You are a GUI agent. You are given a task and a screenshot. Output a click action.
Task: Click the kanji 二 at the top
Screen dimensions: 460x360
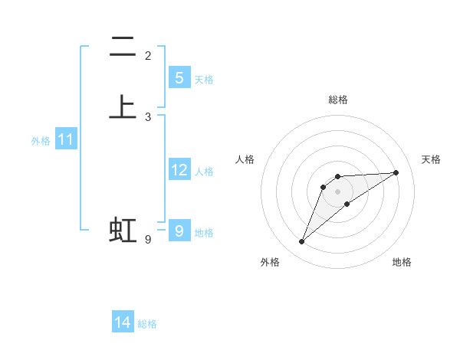pyautogui.click(x=123, y=47)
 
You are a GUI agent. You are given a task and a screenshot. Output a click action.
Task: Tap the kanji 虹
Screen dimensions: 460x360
pyautogui.click(x=123, y=230)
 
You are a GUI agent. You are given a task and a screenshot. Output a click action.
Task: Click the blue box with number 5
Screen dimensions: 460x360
pyautogui.click(x=179, y=77)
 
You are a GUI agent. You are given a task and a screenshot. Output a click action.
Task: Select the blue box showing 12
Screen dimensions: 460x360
pyautogui.click(x=179, y=170)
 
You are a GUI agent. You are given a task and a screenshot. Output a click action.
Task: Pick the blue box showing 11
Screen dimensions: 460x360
pyautogui.click(x=65, y=139)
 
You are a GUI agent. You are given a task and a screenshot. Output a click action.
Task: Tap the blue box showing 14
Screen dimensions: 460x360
pyautogui.click(x=123, y=322)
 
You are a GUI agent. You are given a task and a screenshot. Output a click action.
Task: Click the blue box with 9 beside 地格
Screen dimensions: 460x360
pyautogui.click(x=179, y=231)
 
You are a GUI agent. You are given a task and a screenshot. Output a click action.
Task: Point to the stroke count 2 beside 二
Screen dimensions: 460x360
pyautogui.click(x=148, y=56)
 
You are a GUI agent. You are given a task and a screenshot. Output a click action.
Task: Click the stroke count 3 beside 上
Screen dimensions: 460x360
pyautogui.click(x=148, y=117)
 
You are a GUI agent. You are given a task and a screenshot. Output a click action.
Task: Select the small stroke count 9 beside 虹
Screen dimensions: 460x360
pyautogui.click(x=148, y=240)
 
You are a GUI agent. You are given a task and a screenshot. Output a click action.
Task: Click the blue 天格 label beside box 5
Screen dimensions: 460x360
pyautogui.click(x=204, y=80)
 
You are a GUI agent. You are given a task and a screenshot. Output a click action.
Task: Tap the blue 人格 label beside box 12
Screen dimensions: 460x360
pyautogui.click(x=204, y=172)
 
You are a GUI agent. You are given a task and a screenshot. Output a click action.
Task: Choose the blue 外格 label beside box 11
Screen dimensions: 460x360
pyautogui.click(x=41, y=141)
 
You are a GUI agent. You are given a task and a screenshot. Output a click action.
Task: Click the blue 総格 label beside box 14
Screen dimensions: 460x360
pyautogui.click(x=147, y=324)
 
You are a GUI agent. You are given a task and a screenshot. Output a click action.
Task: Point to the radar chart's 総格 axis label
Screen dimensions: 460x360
pyautogui.click(x=338, y=100)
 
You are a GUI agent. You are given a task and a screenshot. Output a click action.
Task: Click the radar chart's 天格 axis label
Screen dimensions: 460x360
pyautogui.click(x=432, y=159)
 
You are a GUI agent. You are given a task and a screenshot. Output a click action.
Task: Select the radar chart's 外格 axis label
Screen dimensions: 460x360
pyautogui.click(x=270, y=262)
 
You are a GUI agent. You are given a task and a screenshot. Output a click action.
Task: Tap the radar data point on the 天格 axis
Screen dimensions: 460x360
pyautogui.click(x=396, y=172)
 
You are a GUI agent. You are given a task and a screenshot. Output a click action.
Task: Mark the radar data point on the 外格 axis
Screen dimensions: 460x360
pyautogui.click(x=302, y=242)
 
